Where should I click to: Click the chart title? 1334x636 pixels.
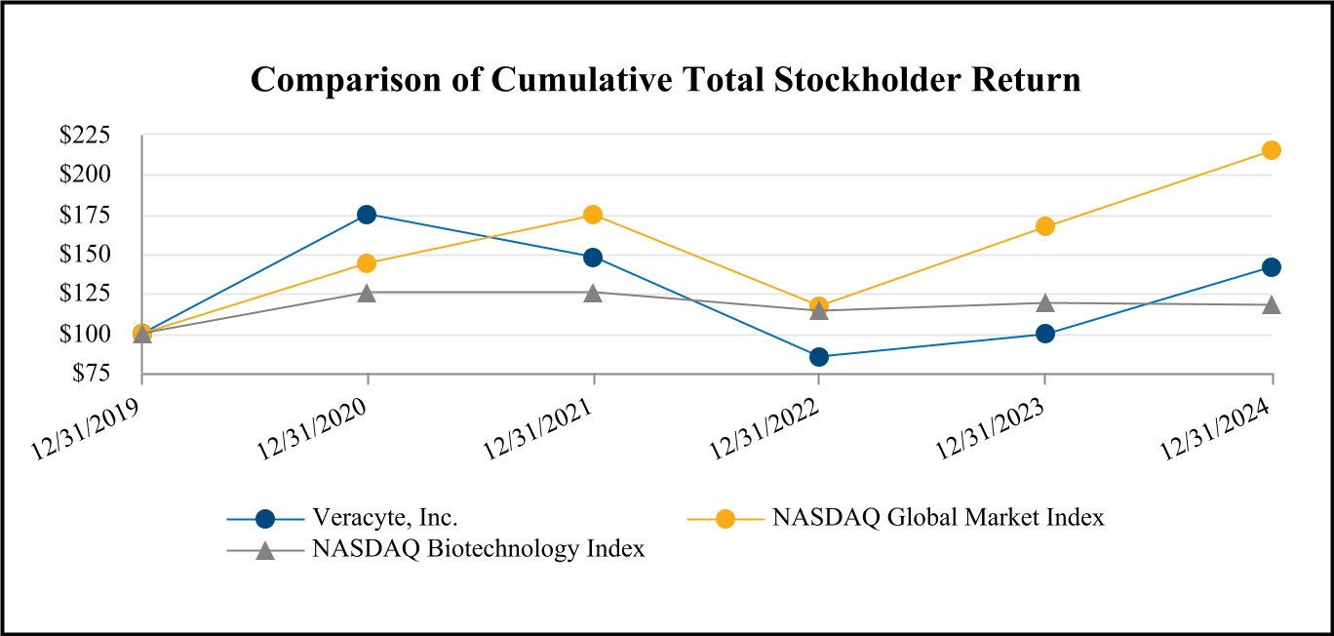666,80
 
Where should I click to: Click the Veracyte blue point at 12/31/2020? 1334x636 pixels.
367,215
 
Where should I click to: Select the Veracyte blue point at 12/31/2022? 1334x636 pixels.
819,357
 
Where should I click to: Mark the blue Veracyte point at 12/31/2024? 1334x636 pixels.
1271,267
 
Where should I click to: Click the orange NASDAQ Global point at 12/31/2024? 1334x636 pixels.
1271,150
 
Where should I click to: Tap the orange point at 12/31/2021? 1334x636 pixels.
593,215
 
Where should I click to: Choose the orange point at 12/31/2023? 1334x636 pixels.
1045,226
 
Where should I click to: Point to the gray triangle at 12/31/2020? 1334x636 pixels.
367,293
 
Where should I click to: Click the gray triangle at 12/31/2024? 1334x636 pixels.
1271,305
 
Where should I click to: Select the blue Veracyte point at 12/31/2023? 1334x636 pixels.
1045,334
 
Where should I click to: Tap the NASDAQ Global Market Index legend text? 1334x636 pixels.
938,518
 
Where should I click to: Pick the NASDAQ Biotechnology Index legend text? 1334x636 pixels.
479,549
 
